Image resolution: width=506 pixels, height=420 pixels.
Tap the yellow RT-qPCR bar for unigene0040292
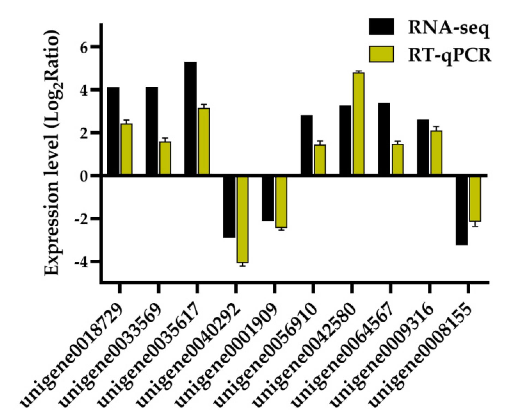242,219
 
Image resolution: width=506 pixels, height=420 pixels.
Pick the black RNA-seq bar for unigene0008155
462,210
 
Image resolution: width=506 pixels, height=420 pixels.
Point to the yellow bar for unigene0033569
165,158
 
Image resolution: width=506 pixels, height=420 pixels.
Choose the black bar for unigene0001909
268,198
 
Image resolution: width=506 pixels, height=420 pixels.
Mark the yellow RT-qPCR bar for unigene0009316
436,152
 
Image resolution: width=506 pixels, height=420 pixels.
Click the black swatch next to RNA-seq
381,26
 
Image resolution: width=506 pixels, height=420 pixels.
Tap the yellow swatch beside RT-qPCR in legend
381,54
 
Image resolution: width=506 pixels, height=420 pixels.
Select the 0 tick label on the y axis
84,176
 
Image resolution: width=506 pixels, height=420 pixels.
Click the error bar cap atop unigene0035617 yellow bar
204,104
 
